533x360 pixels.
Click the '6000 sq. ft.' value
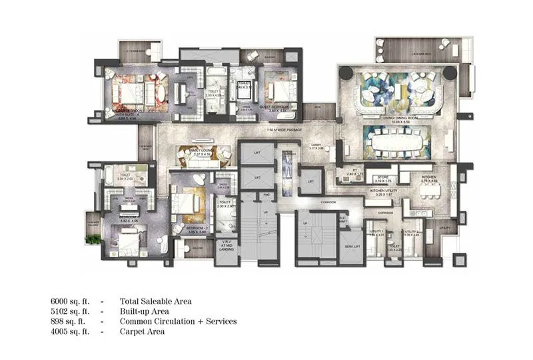[69, 301]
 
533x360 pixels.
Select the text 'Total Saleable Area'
[156, 301]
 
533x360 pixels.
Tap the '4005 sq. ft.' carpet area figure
[69, 331]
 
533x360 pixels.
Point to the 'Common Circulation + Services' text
[178, 321]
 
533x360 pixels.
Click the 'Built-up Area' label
[144, 311]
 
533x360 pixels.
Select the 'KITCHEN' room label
[428, 177]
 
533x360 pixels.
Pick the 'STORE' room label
[382, 177]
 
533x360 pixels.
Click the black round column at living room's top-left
[344, 69]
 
